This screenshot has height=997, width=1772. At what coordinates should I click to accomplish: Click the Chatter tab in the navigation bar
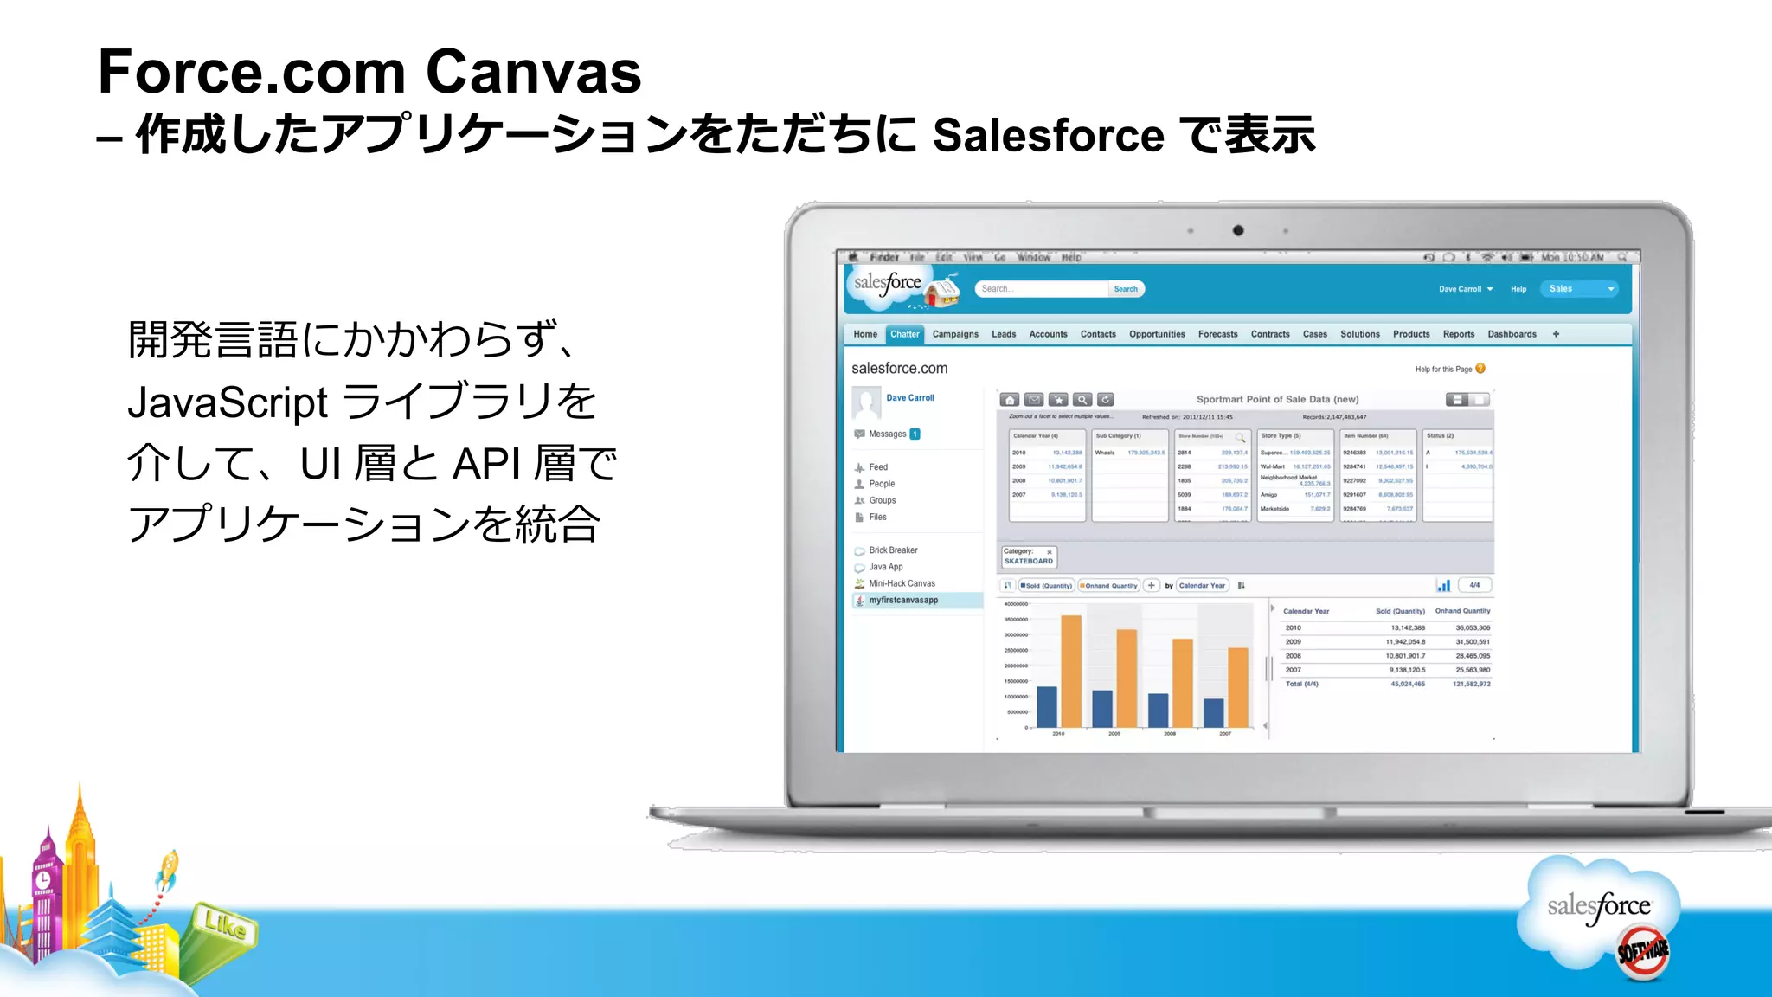click(904, 334)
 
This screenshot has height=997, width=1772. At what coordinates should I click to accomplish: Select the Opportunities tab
click(1157, 334)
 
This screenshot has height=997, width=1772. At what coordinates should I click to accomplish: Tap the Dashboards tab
click(1512, 334)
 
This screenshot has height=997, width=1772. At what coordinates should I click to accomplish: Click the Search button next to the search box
click(1126, 289)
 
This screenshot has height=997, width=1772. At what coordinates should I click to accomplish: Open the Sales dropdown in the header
click(1579, 289)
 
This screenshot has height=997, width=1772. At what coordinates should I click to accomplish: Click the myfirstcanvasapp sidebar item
click(903, 600)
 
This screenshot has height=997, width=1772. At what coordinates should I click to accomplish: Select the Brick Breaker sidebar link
click(893, 550)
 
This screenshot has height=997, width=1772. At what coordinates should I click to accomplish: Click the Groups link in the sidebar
click(882, 500)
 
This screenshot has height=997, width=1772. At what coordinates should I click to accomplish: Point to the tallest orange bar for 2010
click(1071, 671)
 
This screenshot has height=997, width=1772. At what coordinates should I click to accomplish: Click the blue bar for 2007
click(1214, 712)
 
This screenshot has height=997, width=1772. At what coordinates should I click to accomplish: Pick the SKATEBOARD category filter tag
click(1028, 561)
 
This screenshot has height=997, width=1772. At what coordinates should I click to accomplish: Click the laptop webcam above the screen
click(1238, 230)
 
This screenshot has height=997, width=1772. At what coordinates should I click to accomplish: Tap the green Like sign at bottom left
click(224, 926)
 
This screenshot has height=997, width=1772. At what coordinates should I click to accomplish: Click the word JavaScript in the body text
click(228, 402)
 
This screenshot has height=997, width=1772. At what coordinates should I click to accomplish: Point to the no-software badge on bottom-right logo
click(1643, 951)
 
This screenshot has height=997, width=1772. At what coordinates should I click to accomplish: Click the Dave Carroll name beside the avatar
click(909, 398)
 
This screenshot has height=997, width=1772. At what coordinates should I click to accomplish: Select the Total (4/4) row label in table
click(1301, 684)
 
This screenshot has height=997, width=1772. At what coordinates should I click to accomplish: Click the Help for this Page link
click(1443, 370)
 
